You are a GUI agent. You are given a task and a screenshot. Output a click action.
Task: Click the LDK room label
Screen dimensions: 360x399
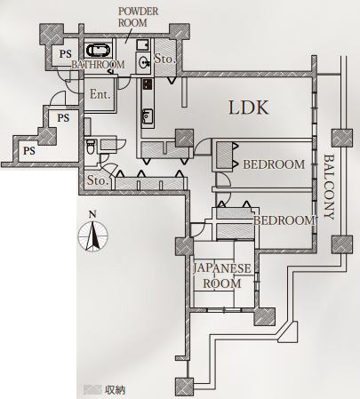249,108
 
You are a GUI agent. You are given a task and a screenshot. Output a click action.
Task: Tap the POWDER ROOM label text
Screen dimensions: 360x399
138,17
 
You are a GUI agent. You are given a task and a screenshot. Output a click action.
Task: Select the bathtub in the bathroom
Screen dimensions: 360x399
99,50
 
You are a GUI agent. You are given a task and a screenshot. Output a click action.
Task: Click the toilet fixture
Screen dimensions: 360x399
90,147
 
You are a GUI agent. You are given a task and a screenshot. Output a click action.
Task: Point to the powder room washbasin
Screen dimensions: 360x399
144,62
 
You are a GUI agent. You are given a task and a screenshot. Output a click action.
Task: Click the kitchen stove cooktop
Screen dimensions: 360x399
148,84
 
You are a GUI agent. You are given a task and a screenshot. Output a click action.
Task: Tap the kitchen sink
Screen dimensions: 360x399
148,116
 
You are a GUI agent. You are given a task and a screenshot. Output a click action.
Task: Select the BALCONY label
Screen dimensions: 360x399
329,187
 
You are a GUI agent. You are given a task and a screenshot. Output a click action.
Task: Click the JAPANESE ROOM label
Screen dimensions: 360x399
222,276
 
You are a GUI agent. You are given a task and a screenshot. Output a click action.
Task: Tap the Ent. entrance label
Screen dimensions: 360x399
100,94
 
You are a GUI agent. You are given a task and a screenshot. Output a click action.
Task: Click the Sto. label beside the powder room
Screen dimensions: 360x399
165,59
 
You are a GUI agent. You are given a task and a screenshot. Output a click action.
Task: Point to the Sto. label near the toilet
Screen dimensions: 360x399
97,180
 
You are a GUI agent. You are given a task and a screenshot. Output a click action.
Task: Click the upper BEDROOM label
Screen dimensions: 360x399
274,164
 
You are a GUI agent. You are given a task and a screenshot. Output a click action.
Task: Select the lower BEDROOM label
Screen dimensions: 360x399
284,220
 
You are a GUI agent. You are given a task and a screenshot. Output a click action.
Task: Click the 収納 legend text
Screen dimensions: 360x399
116,390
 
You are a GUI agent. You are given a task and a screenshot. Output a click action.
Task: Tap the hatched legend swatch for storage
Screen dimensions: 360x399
92,389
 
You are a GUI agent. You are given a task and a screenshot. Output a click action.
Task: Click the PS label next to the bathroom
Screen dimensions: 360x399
65,54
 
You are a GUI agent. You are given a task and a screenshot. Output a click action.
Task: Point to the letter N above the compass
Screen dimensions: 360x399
93,214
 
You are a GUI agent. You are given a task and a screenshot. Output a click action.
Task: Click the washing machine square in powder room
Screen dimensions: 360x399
143,44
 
